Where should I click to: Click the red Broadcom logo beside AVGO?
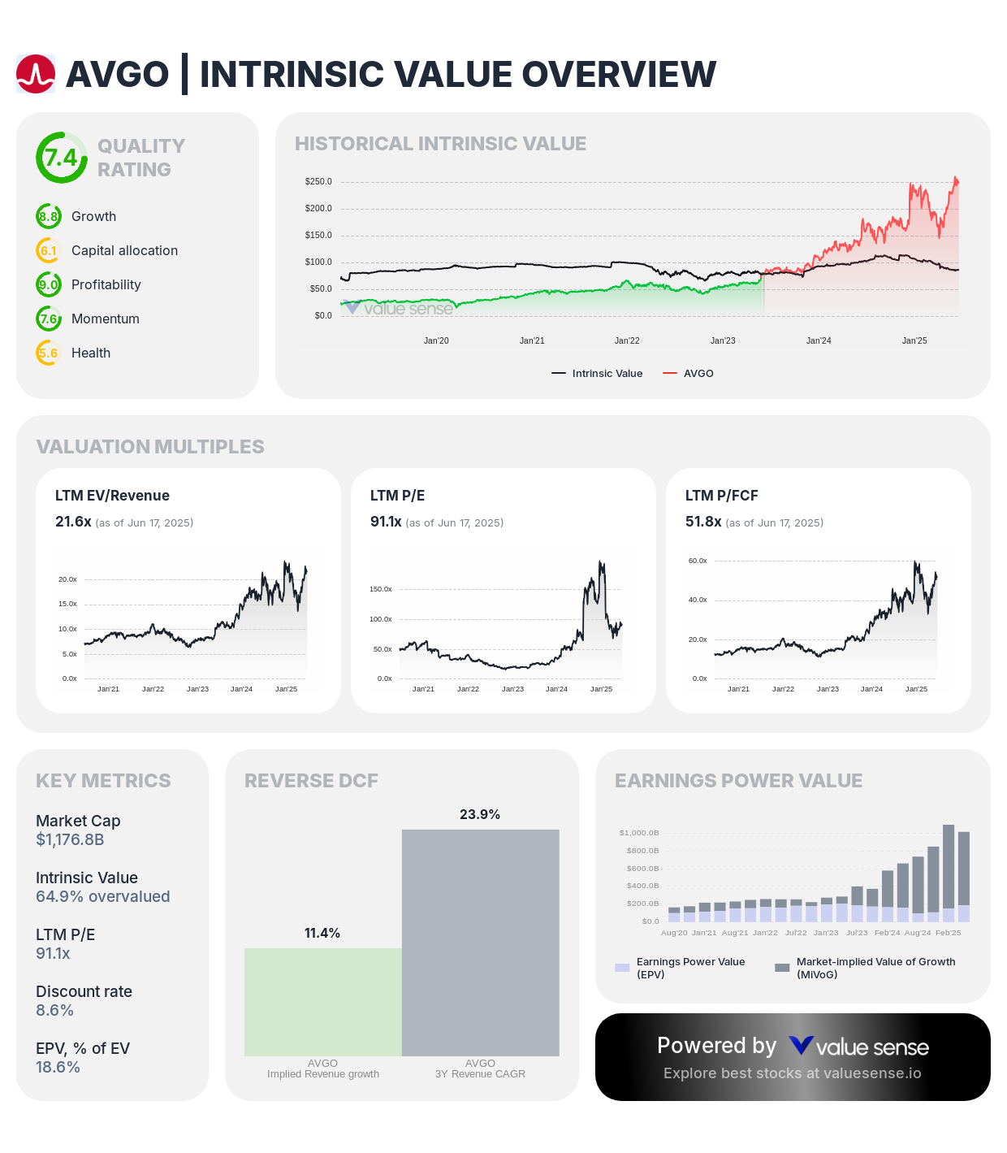click(x=36, y=74)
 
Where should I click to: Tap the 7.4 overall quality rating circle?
click(x=61, y=158)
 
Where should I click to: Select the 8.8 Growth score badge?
click(x=49, y=216)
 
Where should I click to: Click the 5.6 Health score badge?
click(x=49, y=353)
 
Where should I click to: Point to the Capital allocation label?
click(x=124, y=250)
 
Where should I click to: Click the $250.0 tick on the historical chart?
click(x=318, y=181)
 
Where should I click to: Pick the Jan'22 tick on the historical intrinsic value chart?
click(x=627, y=340)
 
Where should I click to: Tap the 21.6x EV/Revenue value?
click(x=73, y=522)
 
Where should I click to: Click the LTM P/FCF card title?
click(x=721, y=496)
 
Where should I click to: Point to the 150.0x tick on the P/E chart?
click(x=381, y=589)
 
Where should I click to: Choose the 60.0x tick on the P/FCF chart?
click(x=698, y=561)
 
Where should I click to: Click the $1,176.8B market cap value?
click(x=70, y=839)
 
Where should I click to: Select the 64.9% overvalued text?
click(x=102, y=896)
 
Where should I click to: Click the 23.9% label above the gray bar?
click(x=480, y=814)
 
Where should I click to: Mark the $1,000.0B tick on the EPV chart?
click(x=639, y=833)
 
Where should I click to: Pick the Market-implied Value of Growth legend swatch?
click(x=782, y=968)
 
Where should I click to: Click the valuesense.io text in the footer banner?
click(x=872, y=1073)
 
